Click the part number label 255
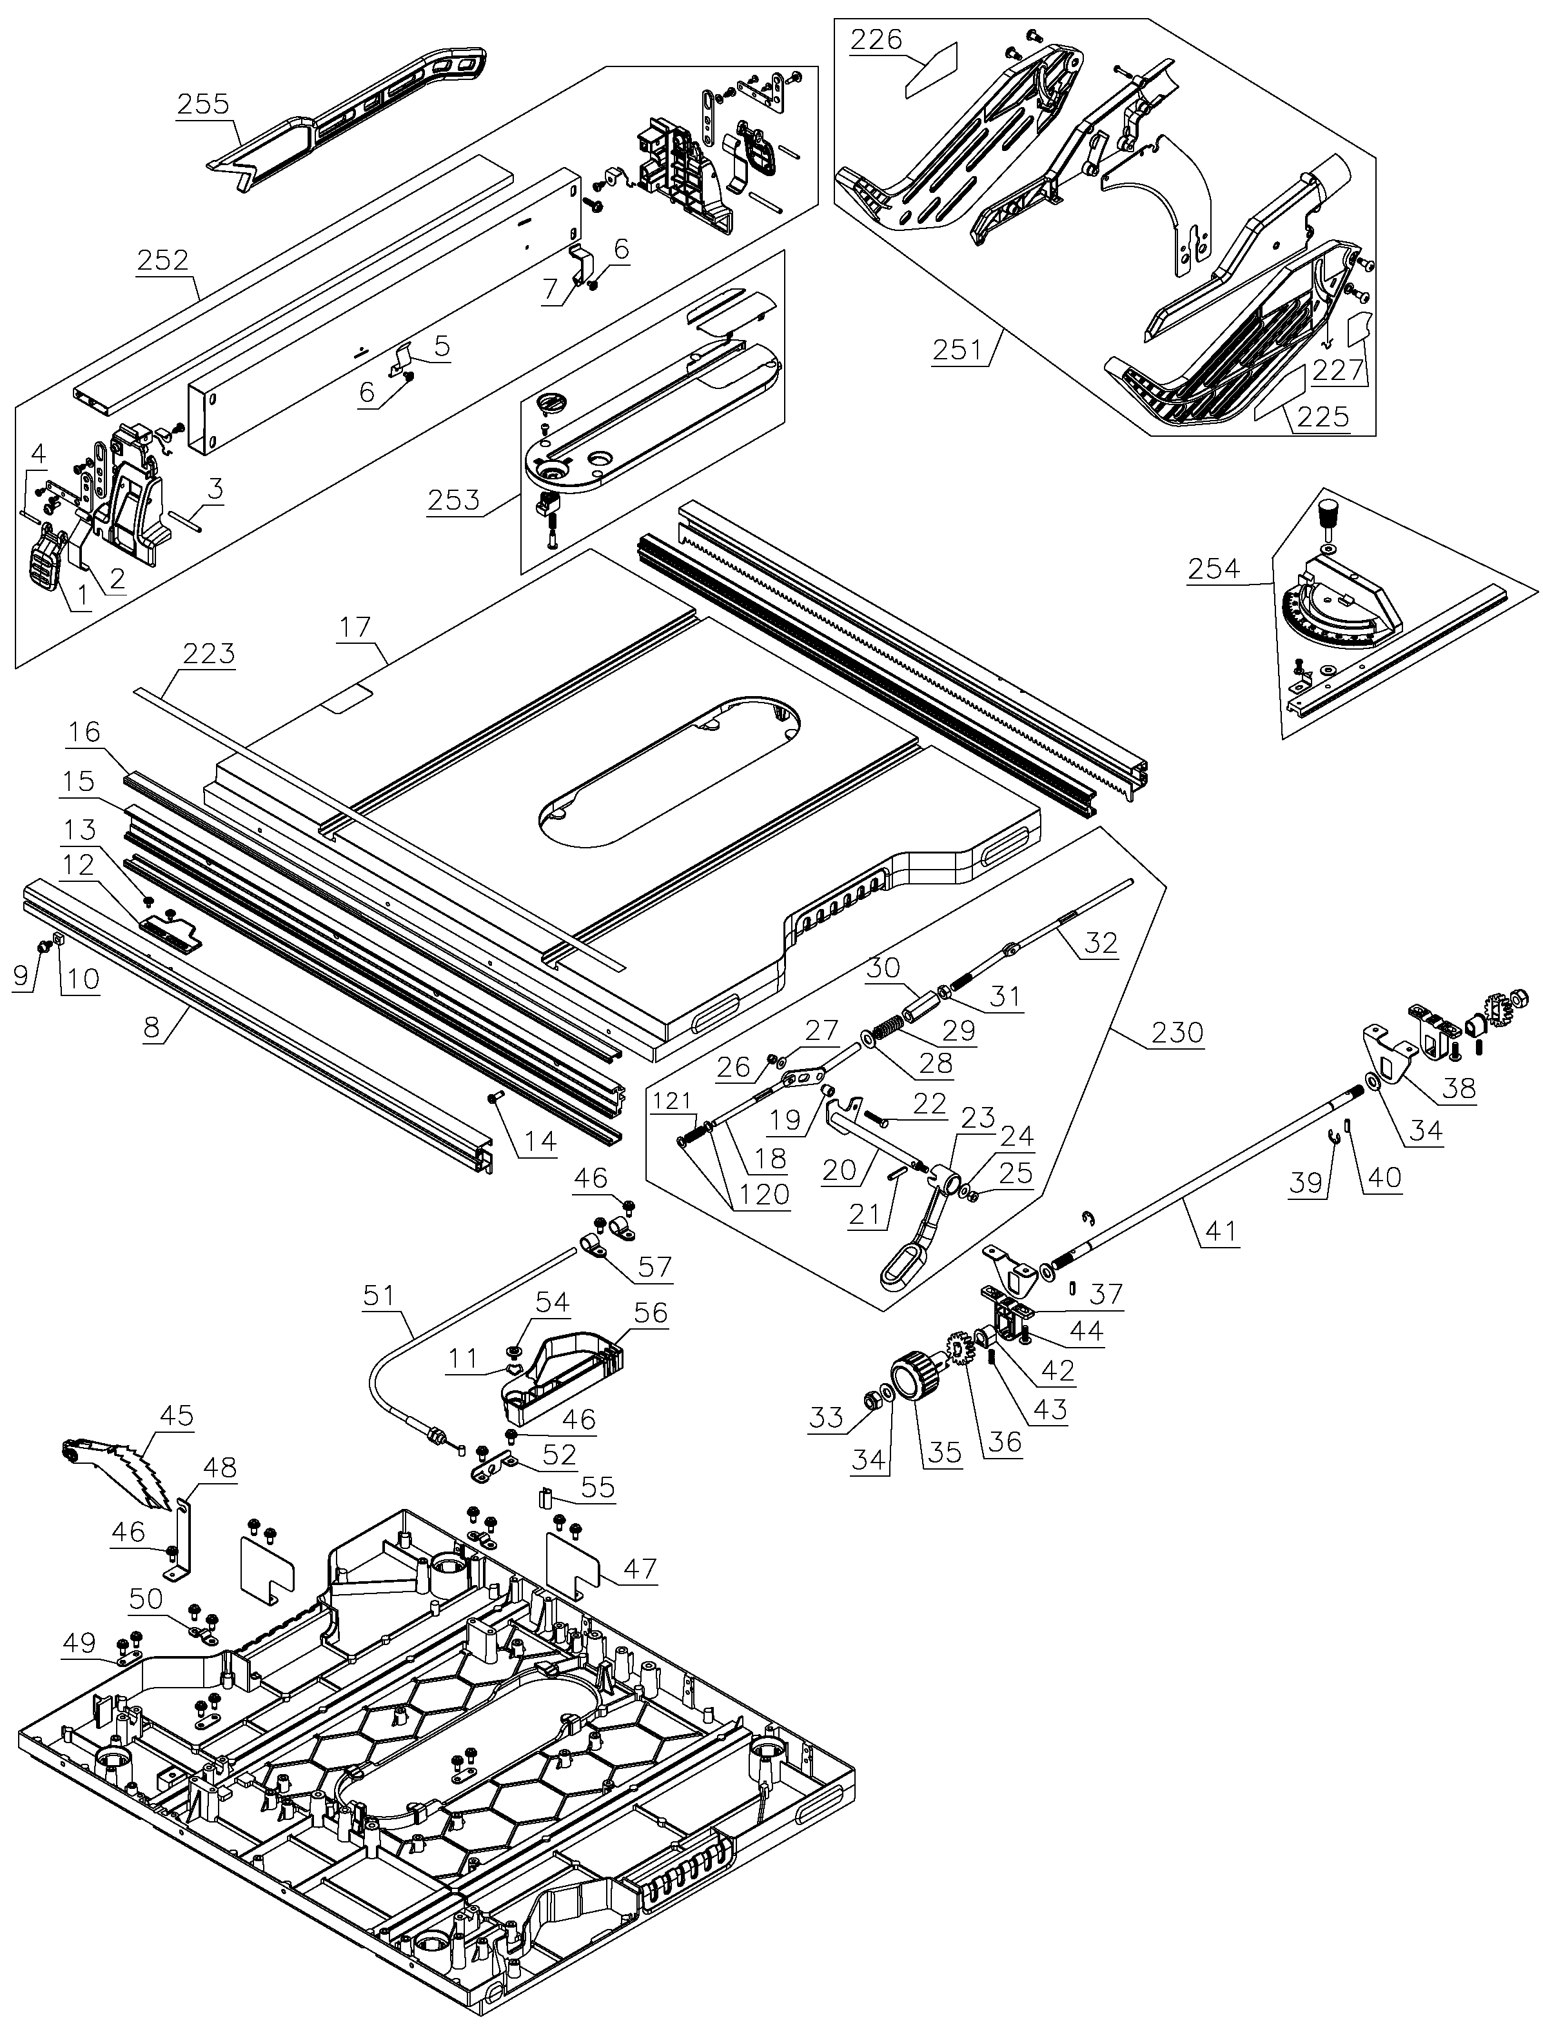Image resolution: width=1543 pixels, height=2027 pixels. tap(203, 103)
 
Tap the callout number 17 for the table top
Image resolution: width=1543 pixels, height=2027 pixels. tap(355, 628)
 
